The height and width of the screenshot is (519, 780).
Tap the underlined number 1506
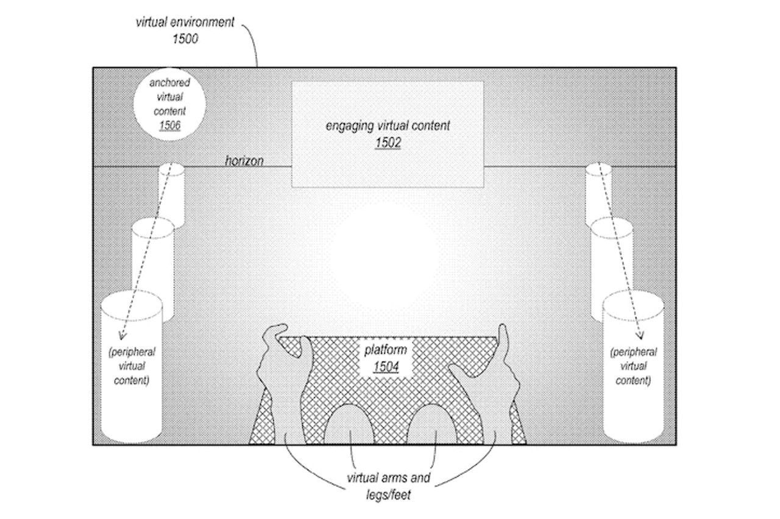pos(169,125)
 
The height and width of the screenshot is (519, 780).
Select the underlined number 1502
pos(388,144)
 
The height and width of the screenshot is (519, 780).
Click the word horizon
pos(244,161)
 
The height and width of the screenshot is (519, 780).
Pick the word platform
pos(386,351)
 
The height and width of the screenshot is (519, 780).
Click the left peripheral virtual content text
pos(131,367)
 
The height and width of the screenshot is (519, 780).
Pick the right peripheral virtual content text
pos(633,367)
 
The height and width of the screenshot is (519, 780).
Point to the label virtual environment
pos(185,23)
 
